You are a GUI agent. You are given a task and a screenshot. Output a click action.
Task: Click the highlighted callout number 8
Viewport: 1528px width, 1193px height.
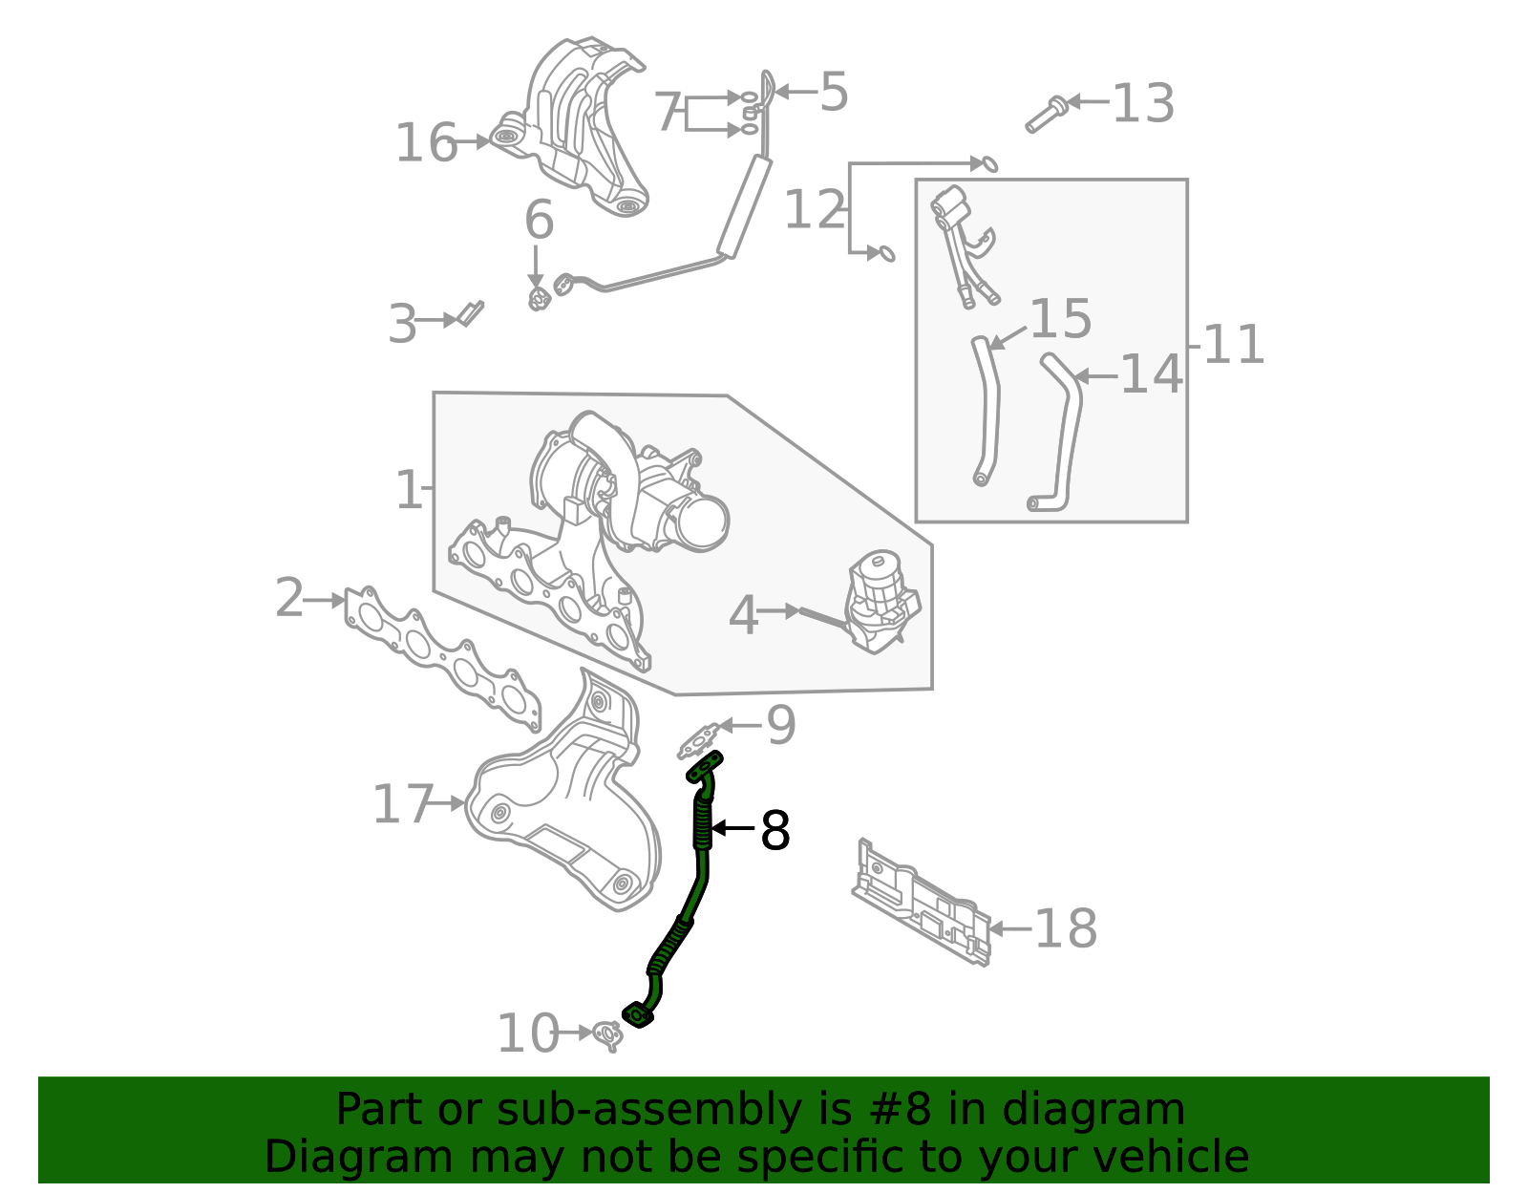point(775,831)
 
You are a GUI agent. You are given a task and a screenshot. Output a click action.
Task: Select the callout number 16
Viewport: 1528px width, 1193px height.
point(426,143)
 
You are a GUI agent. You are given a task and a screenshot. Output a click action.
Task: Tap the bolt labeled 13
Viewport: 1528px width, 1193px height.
point(1045,114)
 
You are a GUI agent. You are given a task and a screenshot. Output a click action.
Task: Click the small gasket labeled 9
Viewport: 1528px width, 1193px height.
point(699,739)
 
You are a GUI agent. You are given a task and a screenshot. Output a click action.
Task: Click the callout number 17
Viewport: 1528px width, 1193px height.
point(402,804)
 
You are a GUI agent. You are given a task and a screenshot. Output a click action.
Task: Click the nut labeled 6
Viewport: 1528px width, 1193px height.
point(540,299)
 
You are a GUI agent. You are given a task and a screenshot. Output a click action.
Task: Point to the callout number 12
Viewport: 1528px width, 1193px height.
point(814,210)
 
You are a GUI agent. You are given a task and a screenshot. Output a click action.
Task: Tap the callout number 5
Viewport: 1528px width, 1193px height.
point(833,93)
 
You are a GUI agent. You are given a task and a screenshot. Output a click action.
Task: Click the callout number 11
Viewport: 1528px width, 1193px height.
point(1233,345)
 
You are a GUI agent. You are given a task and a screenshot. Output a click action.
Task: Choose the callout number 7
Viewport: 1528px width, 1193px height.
point(668,113)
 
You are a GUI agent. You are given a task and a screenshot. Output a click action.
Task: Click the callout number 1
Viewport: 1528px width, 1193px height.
point(408,490)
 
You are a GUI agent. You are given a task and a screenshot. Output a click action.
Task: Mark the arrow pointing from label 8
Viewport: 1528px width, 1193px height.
point(733,828)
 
